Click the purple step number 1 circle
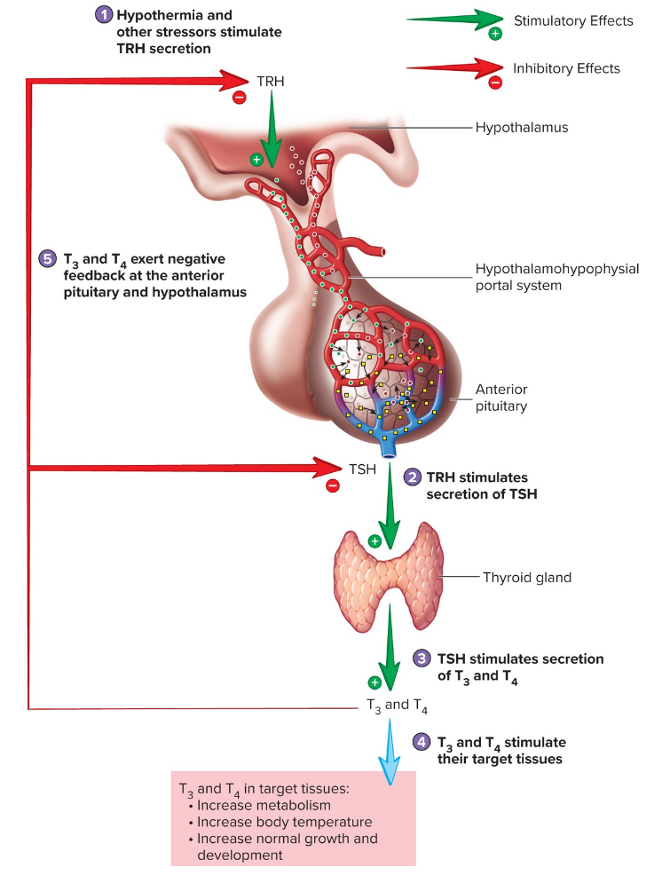point(105,15)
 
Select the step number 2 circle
point(413,477)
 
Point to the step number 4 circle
point(422,742)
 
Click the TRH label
point(271,80)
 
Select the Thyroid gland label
point(527,578)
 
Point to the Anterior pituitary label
point(501,398)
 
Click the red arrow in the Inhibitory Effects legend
point(453,67)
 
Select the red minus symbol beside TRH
point(239,98)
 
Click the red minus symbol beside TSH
point(333,485)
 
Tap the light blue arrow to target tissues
point(388,751)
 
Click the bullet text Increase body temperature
point(284,822)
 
